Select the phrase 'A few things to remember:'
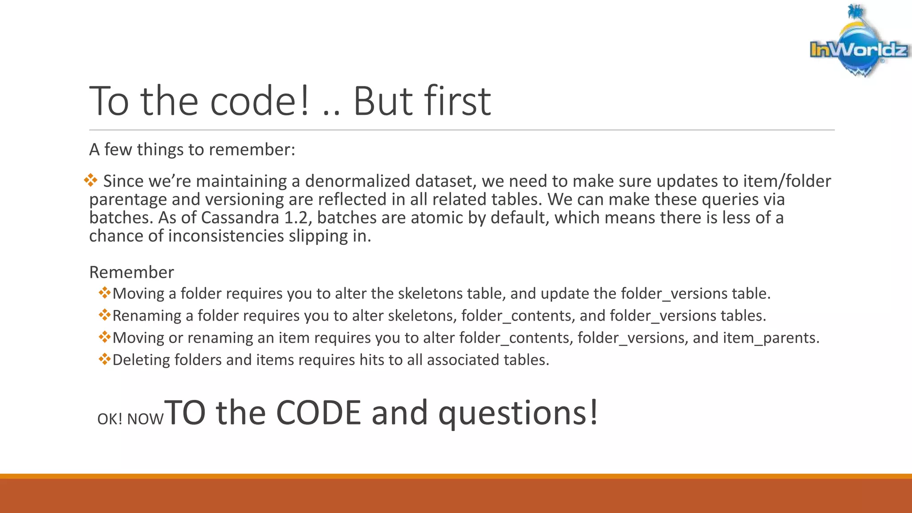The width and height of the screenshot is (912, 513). [192, 150]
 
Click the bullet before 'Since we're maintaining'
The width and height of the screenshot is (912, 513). [90, 180]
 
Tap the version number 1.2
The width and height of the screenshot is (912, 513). [296, 218]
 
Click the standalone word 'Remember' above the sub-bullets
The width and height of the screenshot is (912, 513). [131, 272]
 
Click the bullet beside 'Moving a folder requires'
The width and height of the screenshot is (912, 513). [105, 293]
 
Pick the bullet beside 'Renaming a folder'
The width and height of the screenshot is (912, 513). [105, 315]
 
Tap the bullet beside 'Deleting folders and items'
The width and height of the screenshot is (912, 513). [105, 358]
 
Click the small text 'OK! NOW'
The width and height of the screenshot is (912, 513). [130, 419]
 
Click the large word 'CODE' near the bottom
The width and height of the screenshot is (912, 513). [318, 413]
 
